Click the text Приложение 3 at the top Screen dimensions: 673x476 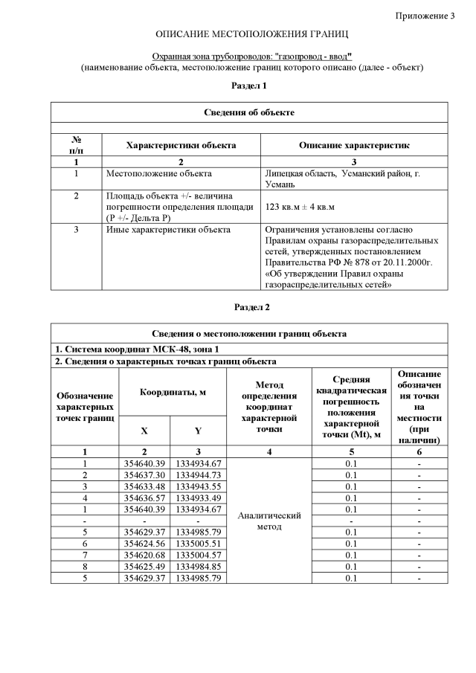pyautogui.click(x=424, y=16)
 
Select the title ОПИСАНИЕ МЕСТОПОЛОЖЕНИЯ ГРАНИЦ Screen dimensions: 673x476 pyautogui.click(x=251, y=35)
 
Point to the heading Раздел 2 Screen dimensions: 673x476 pyautogui.click(x=251, y=307)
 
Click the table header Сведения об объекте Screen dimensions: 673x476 pyautogui.click(x=249, y=112)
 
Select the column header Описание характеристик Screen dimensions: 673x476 pyautogui.click(x=353, y=145)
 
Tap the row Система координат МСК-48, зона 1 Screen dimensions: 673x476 pyautogui.click(x=139, y=350)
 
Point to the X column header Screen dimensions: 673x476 pyautogui.click(x=144, y=431)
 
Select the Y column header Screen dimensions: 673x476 pyautogui.click(x=198, y=431)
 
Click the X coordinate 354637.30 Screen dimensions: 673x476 pyautogui.click(x=144, y=474)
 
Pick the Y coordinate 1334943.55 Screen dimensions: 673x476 pyautogui.click(x=198, y=486)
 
